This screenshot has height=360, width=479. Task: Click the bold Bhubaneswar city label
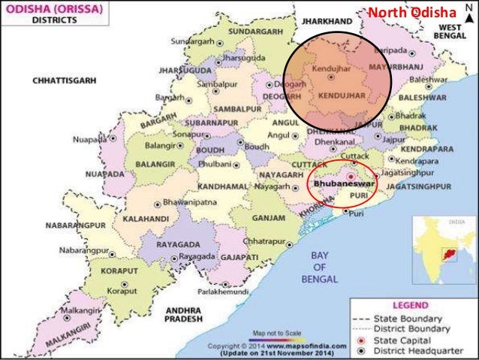[x=337, y=183]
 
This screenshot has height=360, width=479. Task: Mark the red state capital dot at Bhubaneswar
[x=350, y=174]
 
